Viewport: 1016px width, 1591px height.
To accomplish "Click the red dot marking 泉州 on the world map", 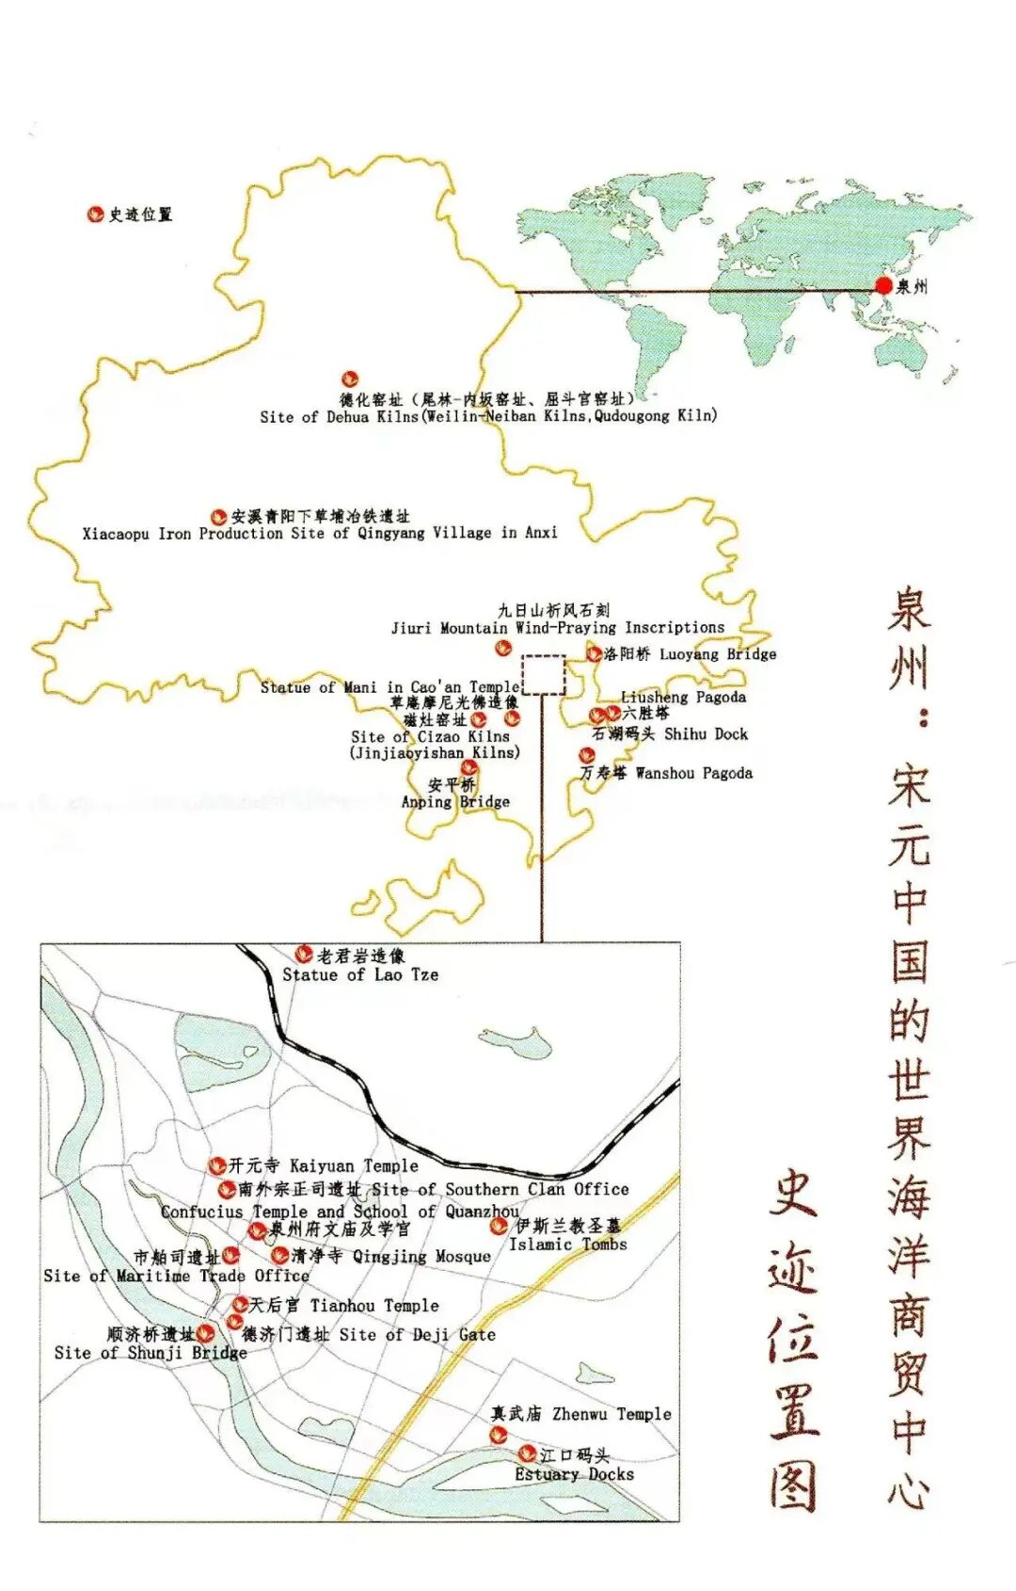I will click(x=883, y=285).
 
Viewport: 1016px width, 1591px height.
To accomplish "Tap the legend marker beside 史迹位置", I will click(x=95, y=215).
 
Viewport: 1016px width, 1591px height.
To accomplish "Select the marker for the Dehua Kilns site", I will click(x=349, y=380).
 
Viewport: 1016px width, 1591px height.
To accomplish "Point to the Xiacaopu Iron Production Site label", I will click(x=320, y=533).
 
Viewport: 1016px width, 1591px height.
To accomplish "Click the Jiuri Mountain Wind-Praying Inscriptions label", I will click(x=558, y=627).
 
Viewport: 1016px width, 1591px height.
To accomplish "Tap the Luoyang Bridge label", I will click(x=718, y=653).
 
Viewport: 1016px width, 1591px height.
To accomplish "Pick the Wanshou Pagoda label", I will click(x=693, y=773).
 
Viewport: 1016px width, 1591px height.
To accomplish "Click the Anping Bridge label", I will click(x=455, y=801).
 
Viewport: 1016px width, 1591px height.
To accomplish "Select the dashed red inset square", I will click(x=544, y=675).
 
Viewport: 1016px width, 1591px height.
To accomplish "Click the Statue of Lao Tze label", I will click(x=360, y=974).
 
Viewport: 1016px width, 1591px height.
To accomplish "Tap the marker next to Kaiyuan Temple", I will click(x=217, y=1166).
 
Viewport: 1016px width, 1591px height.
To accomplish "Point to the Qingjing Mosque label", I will click(x=421, y=1256).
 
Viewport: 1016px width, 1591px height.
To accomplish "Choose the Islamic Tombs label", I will click(x=567, y=1244).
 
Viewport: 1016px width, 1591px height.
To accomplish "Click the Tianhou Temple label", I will click(x=374, y=1305).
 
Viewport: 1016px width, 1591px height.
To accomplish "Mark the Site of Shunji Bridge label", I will click(x=151, y=1352).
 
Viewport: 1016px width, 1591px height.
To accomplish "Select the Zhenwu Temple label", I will click(x=611, y=1413).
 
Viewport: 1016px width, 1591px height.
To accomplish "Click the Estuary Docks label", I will click(x=574, y=1474).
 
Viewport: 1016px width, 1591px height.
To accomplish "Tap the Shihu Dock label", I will click(x=706, y=733).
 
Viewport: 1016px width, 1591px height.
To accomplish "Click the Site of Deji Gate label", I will click(x=417, y=1334).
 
